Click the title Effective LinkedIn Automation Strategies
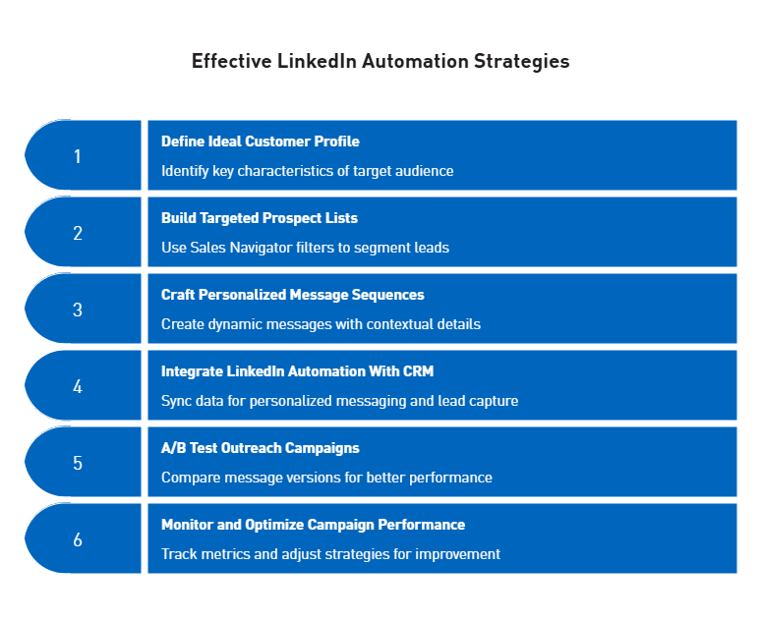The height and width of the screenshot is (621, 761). tap(380, 61)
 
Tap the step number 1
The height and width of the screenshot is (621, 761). tap(78, 156)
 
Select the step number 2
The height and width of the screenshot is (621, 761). tap(78, 233)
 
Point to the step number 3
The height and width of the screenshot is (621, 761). tap(78, 310)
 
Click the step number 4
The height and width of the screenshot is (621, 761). tap(78, 386)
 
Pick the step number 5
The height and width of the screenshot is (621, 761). tap(78, 463)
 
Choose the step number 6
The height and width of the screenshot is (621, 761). tap(78, 539)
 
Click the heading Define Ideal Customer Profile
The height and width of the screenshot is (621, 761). tap(261, 141)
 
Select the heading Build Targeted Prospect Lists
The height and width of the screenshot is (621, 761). tap(260, 218)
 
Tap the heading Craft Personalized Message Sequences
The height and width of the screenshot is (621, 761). tap(293, 295)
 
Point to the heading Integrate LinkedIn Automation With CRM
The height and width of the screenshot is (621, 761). tap(297, 371)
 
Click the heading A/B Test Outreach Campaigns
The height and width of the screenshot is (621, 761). tap(261, 448)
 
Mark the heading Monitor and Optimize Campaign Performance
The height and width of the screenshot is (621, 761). tap(313, 525)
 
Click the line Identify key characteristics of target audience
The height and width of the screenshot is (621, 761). tap(308, 171)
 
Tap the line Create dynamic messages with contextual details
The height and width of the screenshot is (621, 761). tap(321, 324)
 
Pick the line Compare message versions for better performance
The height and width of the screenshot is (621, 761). tap(326, 478)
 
